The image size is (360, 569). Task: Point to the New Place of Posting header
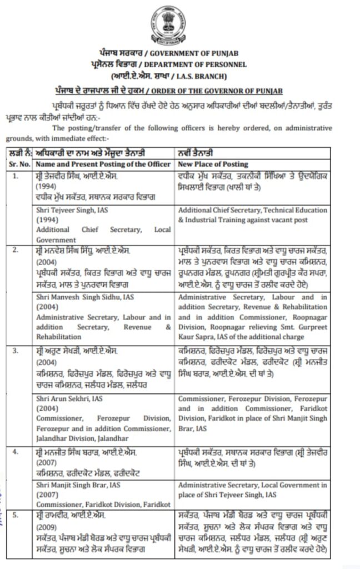click(x=213, y=164)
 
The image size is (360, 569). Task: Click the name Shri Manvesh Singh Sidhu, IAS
click(x=85, y=297)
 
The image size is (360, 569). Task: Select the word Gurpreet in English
click(x=314, y=327)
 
